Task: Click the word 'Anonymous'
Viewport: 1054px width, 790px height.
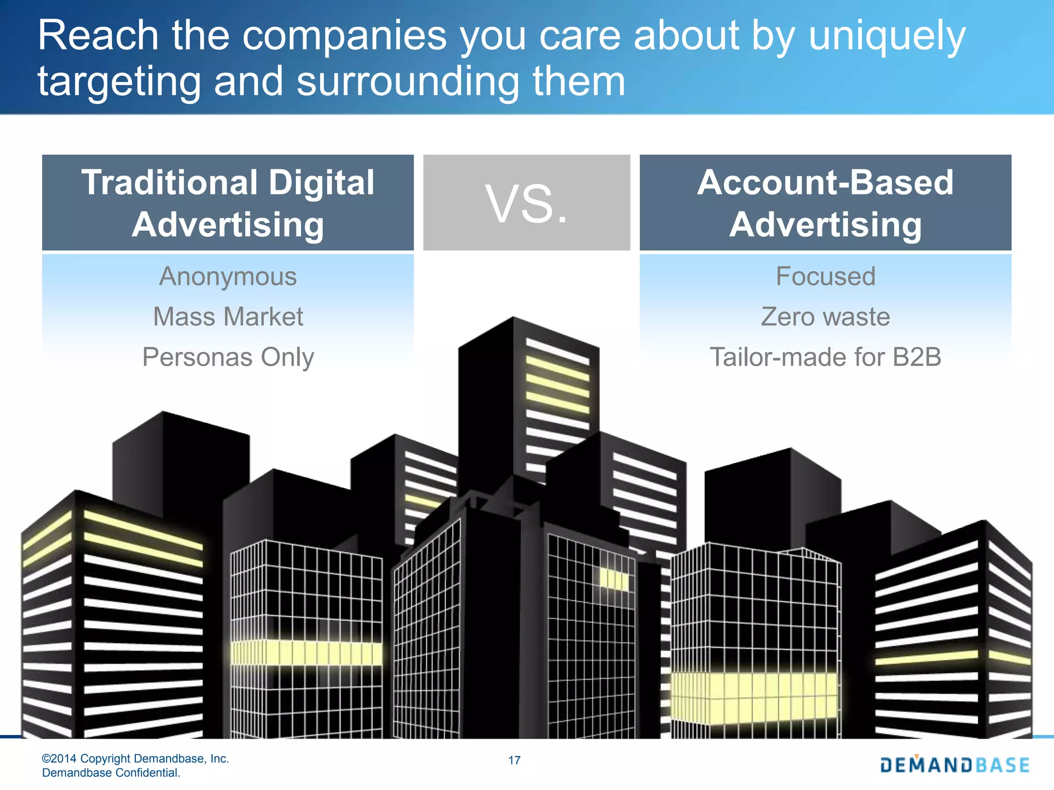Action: coord(228,277)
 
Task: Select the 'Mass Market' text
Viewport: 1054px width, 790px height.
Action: coord(228,317)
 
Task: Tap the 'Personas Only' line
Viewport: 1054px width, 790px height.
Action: coord(228,357)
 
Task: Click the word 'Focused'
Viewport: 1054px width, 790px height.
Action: coord(825,277)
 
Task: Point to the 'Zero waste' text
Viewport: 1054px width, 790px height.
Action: coord(825,317)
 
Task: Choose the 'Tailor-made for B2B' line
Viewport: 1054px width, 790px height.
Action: coord(825,357)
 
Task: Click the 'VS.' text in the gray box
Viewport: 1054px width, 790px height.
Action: coord(526,205)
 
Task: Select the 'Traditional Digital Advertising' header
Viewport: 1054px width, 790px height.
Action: coord(228,203)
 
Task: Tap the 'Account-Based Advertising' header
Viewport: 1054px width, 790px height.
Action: coord(825,203)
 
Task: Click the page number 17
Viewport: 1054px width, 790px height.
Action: coord(514,760)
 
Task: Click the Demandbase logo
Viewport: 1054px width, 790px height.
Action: coord(955,765)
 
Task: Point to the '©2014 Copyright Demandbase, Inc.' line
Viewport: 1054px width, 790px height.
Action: coord(135,759)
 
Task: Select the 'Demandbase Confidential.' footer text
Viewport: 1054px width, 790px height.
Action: coord(111,773)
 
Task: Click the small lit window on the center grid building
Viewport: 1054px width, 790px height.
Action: coord(614,580)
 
